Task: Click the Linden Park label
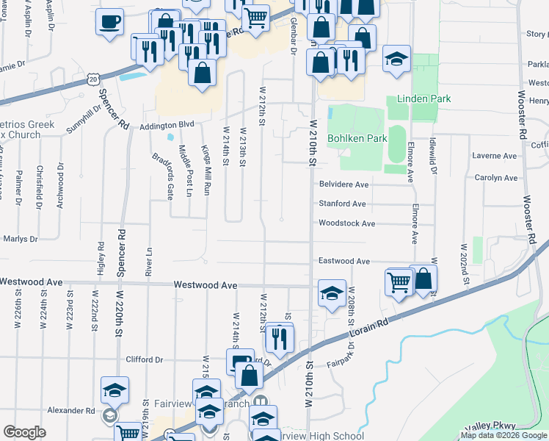click(423, 98)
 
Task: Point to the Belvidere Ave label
click(343, 184)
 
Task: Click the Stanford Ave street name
click(341, 204)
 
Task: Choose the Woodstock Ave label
click(346, 223)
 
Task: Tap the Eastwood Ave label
click(343, 261)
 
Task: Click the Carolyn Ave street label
click(495, 178)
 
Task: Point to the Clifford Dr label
click(143, 359)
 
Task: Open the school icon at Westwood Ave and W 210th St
click(332, 293)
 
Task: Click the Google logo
click(24, 432)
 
